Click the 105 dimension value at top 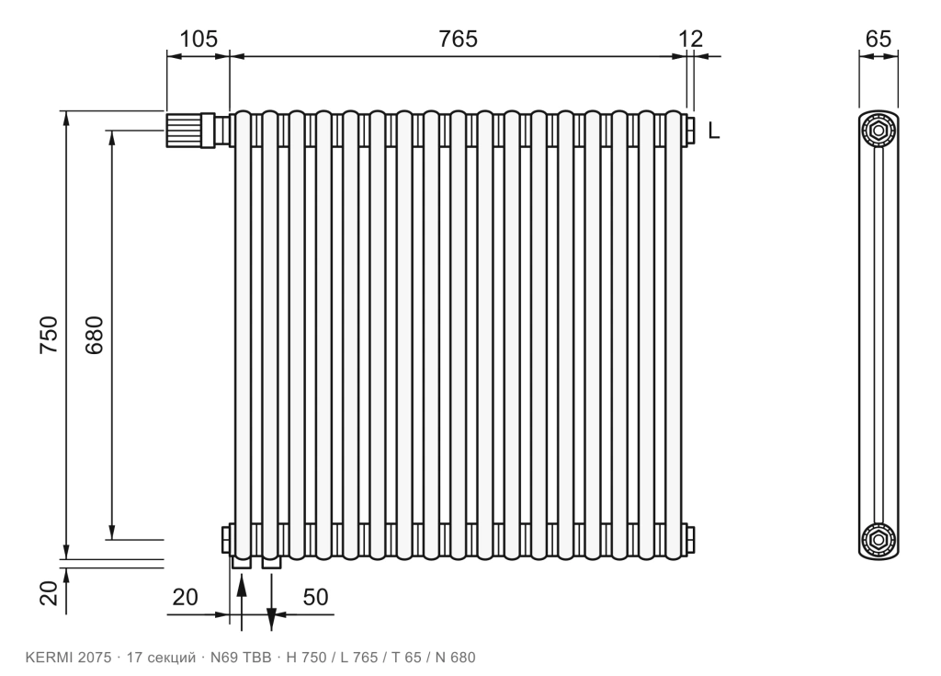click(198, 39)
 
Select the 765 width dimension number click(458, 39)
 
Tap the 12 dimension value click(690, 39)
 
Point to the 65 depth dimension click(879, 39)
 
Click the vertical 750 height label click(49, 335)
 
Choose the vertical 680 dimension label click(95, 335)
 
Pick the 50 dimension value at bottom click(316, 597)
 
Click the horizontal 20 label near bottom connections click(185, 597)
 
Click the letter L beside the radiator click(713, 131)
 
